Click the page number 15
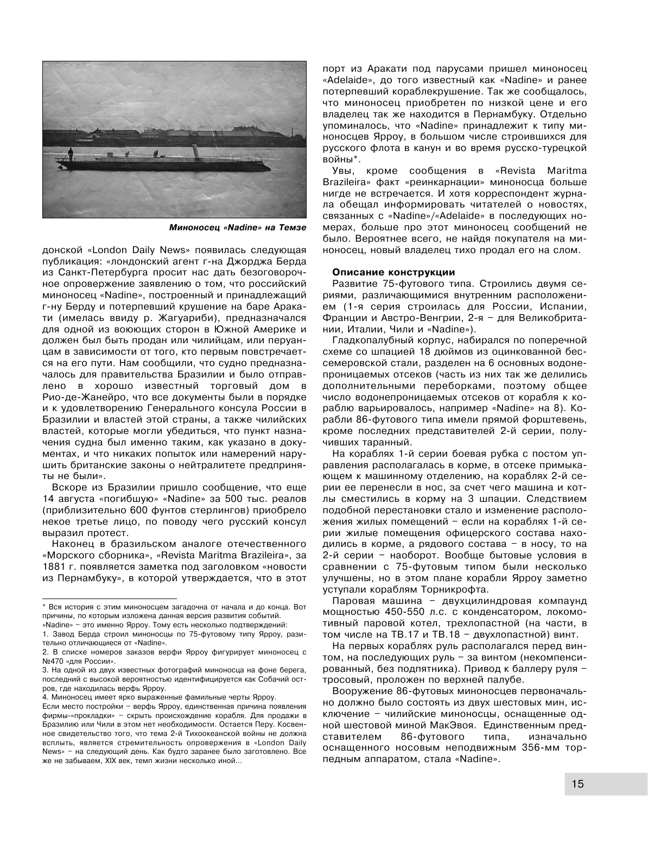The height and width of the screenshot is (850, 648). pyautogui.click(x=577, y=784)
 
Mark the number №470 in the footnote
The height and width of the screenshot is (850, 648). pyautogui.click(x=53, y=661)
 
